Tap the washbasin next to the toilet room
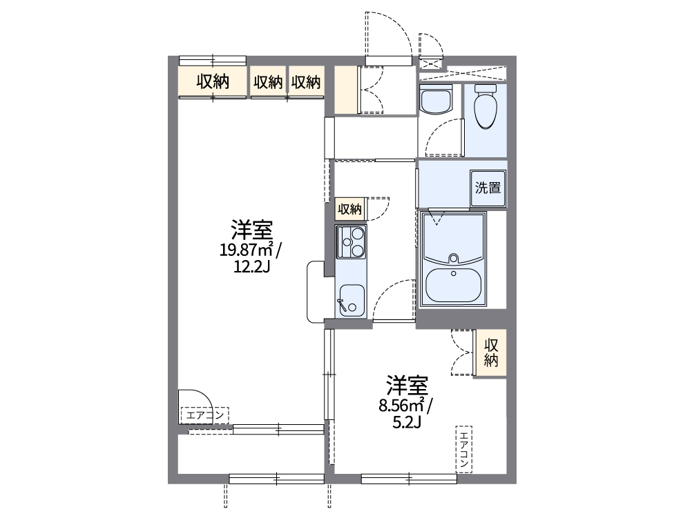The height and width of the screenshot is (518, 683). [x=435, y=101]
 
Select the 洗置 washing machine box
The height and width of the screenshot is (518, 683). [x=488, y=188]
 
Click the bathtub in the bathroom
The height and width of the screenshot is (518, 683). [x=453, y=285]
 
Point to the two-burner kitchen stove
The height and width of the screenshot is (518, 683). [x=352, y=241]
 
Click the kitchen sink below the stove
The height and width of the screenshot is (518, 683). [x=352, y=299]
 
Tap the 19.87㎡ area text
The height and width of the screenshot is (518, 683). [x=250, y=249]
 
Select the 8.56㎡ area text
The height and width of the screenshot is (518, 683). [x=405, y=406]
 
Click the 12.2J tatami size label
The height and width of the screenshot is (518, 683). [x=251, y=266]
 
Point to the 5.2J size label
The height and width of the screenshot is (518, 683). [x=405, y=421]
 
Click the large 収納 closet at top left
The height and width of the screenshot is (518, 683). [x=213, y=82]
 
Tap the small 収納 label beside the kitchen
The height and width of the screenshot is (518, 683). [x=349, y=209]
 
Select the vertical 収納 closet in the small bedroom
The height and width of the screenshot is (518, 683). [x=491, y=352]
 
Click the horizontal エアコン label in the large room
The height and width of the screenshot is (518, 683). [x=204, y=415]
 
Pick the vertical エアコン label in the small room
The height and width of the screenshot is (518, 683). [x=464, y=448]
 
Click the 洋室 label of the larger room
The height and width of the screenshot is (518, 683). [x=251, y=228]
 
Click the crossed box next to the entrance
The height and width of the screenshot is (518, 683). [x=430, y=62]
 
